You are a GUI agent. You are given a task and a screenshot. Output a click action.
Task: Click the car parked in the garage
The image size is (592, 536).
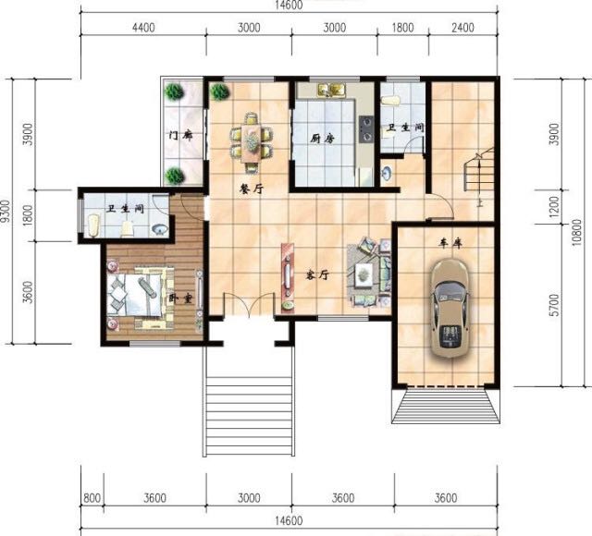(450, 308)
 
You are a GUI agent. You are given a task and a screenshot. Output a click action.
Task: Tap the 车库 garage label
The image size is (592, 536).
(450, 244)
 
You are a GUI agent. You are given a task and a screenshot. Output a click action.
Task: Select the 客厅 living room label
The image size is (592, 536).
(317, 275)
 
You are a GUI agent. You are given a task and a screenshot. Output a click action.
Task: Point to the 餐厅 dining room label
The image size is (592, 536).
(251, 189)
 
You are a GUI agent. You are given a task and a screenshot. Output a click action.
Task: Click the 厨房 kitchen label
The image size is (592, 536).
(322, 139)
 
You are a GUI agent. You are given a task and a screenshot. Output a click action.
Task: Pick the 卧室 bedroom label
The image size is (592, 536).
(180, 298)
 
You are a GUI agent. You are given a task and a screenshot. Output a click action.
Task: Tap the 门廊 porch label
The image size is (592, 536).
(180, 135)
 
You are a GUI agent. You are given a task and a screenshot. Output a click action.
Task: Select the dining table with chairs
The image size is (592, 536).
(251, 141)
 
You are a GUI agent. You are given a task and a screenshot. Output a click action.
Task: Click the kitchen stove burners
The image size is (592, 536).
(366, 129)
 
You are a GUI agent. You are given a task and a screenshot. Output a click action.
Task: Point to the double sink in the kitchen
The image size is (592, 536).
(332, 90)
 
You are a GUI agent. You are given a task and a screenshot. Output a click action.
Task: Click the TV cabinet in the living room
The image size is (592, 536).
(288, 277)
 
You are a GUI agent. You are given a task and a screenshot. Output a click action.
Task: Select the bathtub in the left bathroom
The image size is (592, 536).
(93, 225)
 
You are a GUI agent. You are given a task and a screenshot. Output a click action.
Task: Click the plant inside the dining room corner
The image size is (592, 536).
(219, 91)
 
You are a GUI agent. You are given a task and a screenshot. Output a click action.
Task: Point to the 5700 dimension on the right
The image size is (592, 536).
(554, 306)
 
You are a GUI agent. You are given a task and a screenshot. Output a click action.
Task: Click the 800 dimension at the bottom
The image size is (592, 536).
(92, 498)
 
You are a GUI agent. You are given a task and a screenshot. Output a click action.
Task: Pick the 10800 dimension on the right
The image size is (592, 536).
(577, 232)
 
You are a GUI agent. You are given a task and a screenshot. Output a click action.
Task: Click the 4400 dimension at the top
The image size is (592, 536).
(143, 28)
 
